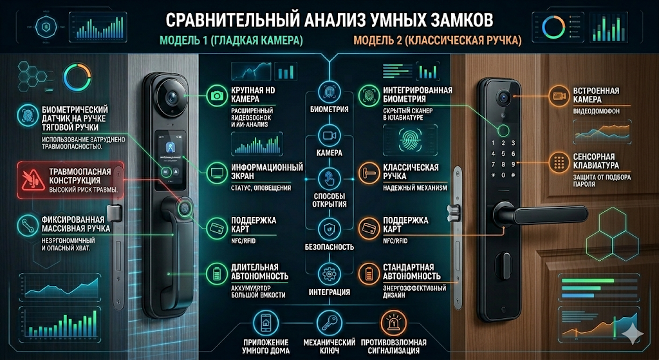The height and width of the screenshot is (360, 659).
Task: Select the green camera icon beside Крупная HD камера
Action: click(x=217, y=97)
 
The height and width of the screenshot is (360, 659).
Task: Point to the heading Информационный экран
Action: click(x=266, y=172)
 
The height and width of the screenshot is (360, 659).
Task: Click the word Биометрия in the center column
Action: click(x=329, y=109)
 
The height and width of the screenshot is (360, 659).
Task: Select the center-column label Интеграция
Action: click(x=329, y=292)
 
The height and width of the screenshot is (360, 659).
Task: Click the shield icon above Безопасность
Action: click(x=329, y=227)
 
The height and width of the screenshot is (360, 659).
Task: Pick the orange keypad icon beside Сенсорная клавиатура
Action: click(x=557, y=160)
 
